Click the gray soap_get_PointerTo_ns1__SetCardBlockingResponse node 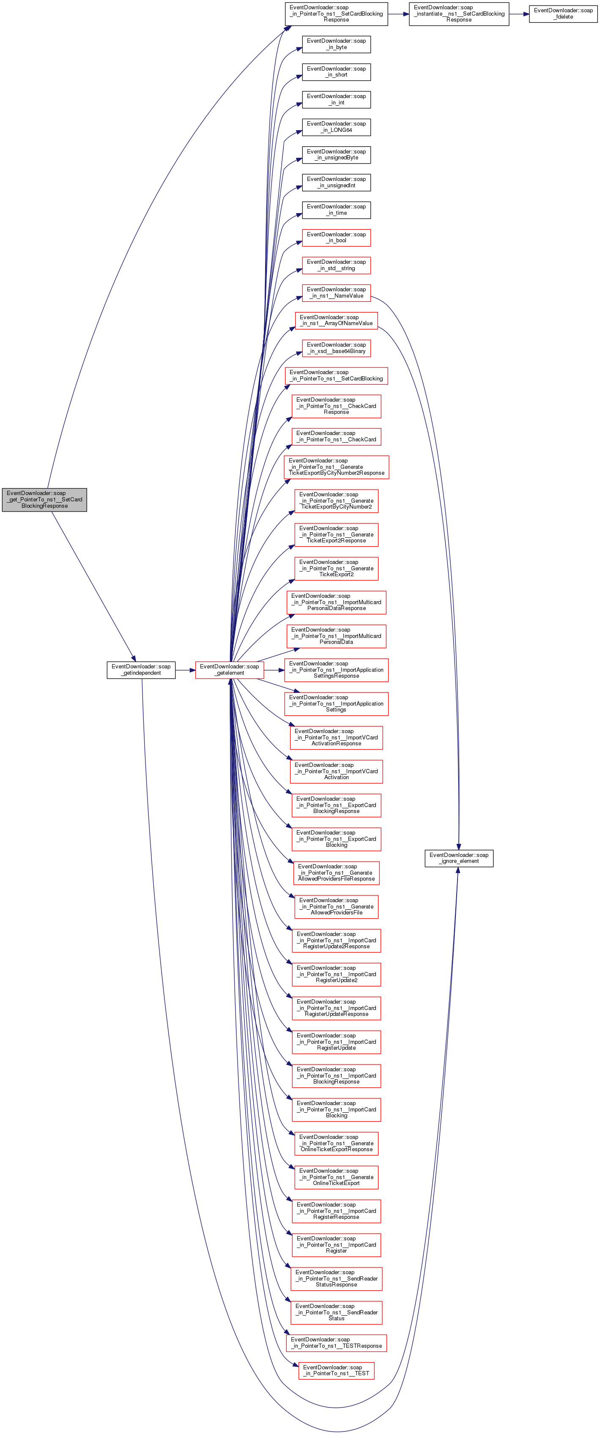click(44, 499)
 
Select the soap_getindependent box click(141, 670)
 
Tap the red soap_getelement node click(229, 670)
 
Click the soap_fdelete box click(563, 14)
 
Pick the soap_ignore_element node click(459, 858)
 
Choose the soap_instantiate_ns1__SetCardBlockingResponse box click(459, 14)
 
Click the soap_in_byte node click(336, 44)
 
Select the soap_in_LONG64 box click(336, 127)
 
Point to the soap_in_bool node click(336, 238)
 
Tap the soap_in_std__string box click(336, 265)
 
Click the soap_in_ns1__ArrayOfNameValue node click(336, 320)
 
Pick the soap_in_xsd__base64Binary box click(336, 348)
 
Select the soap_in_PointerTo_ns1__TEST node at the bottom click(336, 1371)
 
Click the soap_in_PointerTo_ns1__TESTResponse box click(336, 1343)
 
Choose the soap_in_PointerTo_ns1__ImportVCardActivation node click(336, 771)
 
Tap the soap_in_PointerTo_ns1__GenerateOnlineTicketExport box click(336, 1177)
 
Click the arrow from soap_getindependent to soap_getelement click(185, 670)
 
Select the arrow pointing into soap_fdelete click(519, 14)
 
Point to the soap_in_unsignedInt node click(336, 182)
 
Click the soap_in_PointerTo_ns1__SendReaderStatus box click(336, 1312)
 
